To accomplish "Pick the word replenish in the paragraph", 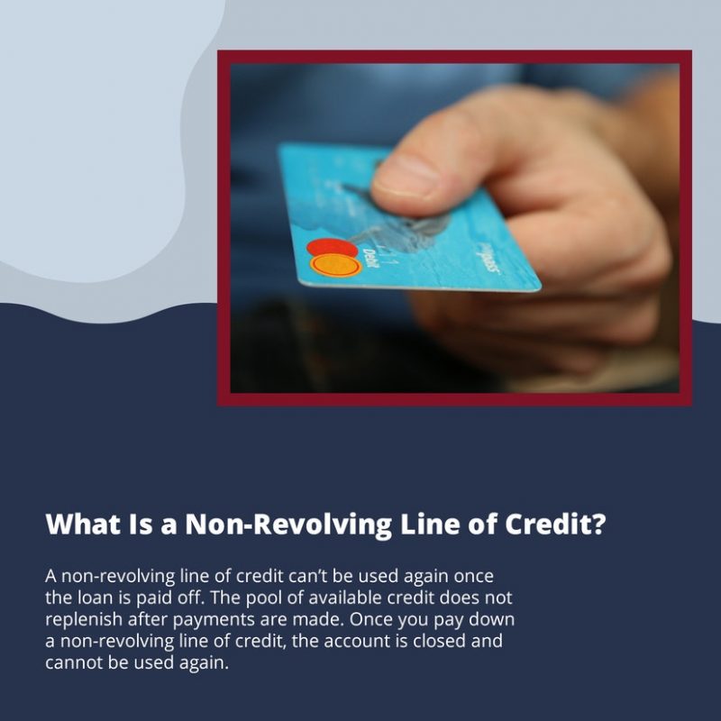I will [81, 620].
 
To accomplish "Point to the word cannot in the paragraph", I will [73, 663].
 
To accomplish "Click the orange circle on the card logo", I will [336, 265].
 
